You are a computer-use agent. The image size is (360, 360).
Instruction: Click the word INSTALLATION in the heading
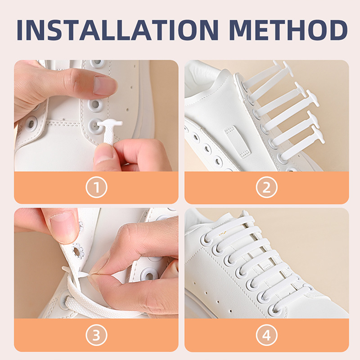[x=117, y=30]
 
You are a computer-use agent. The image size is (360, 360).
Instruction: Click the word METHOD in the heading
[x=288, y=30]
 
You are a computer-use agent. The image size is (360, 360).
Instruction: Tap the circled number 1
[x=96, y=187]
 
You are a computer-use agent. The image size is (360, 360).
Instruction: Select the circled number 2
[x=266, y=187]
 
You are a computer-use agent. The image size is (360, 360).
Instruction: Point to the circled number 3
[x=96, y=335]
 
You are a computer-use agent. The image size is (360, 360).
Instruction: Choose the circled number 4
[x=266, y=335]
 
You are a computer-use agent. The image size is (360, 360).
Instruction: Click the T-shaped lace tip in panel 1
[x=109, y=131]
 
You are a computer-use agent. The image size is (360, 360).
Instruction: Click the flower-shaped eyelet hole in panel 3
[x=77, y=252]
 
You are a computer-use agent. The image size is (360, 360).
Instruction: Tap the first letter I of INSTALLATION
[x=19, y=30]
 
